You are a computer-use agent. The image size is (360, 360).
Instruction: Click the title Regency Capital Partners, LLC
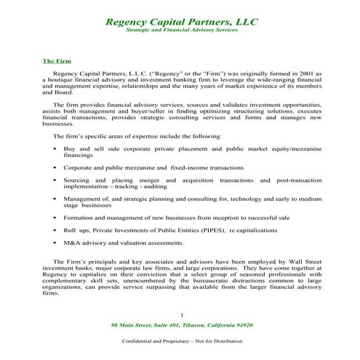pos(182,22)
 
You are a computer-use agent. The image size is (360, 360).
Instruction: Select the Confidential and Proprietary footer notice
pos(182,342)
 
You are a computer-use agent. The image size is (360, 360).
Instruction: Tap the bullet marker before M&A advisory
pos(56,242)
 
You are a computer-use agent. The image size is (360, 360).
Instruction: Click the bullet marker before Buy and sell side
pos(56,148)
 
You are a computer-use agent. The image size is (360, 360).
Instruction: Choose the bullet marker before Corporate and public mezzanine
pos(56,167)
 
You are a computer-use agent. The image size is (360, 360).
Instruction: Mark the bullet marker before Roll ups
pos(56,230)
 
